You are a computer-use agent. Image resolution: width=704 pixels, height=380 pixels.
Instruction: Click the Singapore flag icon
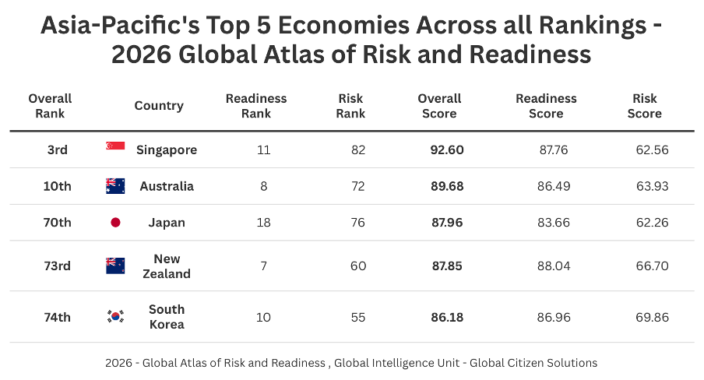[115, 146]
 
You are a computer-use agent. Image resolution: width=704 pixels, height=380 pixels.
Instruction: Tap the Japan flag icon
[115, 223]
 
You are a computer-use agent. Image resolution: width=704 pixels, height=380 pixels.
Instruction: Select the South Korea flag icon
[115, 316]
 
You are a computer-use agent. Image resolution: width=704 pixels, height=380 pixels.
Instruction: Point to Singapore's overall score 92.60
[447, 150]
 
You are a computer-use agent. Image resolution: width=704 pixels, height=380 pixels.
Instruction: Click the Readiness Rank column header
[256, 106]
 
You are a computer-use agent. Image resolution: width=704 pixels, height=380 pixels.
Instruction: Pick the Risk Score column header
[644, 106]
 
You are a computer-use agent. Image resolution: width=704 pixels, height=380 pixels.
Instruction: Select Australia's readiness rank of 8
[264, 186]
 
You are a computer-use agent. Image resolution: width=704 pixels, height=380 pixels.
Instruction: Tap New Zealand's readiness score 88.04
[554, 266]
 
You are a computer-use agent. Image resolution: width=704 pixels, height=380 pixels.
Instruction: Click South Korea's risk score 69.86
[652, 317]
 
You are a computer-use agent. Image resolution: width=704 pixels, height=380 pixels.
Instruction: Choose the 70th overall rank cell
[57, 223]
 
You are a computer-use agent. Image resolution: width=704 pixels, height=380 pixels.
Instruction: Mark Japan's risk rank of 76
[358, 223]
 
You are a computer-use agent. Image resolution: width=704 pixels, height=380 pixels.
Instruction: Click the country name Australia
[167, 186]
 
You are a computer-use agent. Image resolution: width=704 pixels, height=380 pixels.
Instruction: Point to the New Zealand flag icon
[115, 266]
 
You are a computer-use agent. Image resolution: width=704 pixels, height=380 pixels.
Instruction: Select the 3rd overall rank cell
[57, 150]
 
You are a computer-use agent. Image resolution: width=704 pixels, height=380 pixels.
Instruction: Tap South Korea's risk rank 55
[358, 317]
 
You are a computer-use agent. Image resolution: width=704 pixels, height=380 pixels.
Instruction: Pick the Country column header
[159, 106]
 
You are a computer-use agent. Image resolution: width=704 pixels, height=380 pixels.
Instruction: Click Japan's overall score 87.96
[447, 223]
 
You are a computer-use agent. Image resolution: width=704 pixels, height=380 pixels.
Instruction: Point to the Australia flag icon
[115, 186]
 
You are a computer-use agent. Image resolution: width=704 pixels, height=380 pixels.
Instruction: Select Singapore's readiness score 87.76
[554, 150]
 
